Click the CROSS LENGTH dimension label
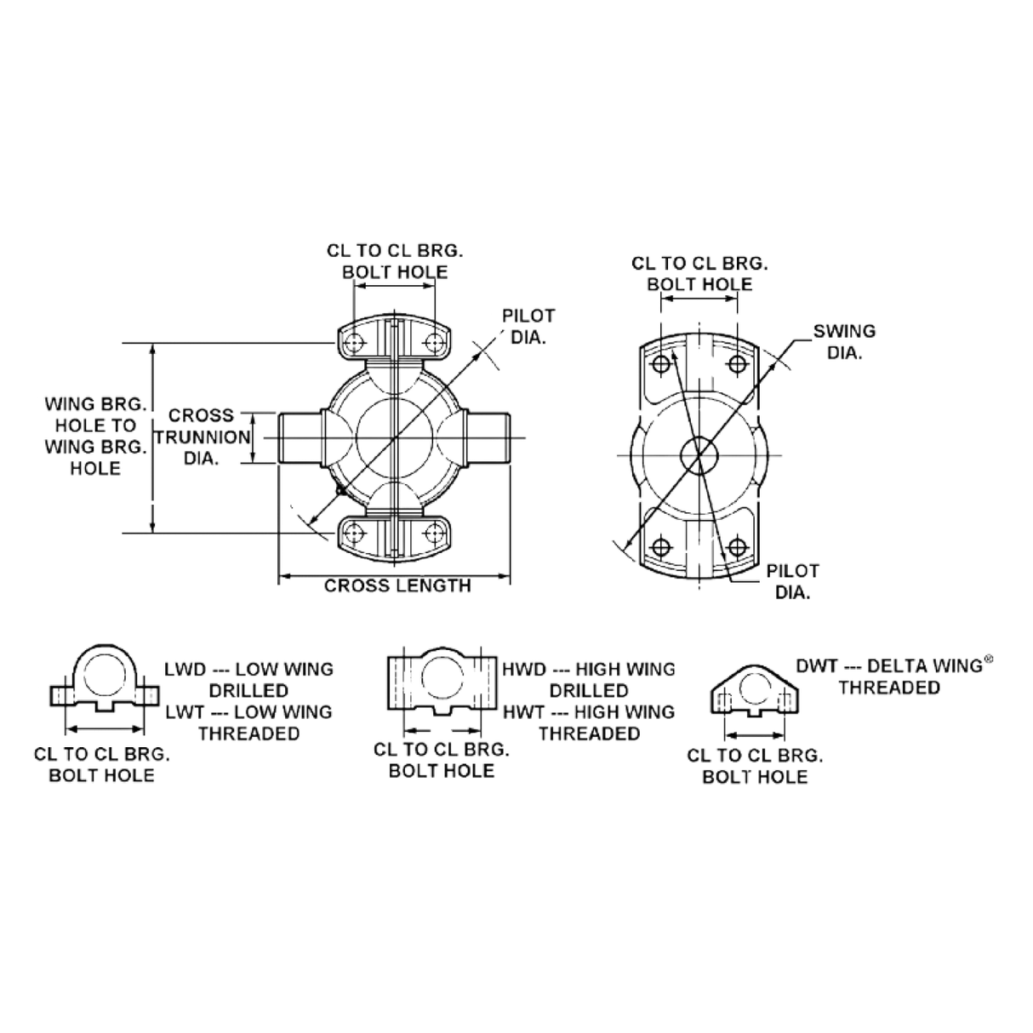click(x=397, y=586)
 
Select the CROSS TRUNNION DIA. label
click(x=201, y=437)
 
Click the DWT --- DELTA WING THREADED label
click(x=890, y=676)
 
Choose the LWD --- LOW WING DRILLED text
click(x=248, y=678)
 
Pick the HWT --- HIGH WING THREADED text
click(x=590, y=722)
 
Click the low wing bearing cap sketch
click(x=102, y=687)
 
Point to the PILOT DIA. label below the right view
click(x=793, y=580)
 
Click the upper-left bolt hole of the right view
click(x=661, y=363)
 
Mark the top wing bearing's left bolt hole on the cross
click(x=355, y=343)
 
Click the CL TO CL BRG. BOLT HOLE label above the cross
click(x=396, y=260)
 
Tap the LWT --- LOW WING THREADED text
click(x=248, y=722)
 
